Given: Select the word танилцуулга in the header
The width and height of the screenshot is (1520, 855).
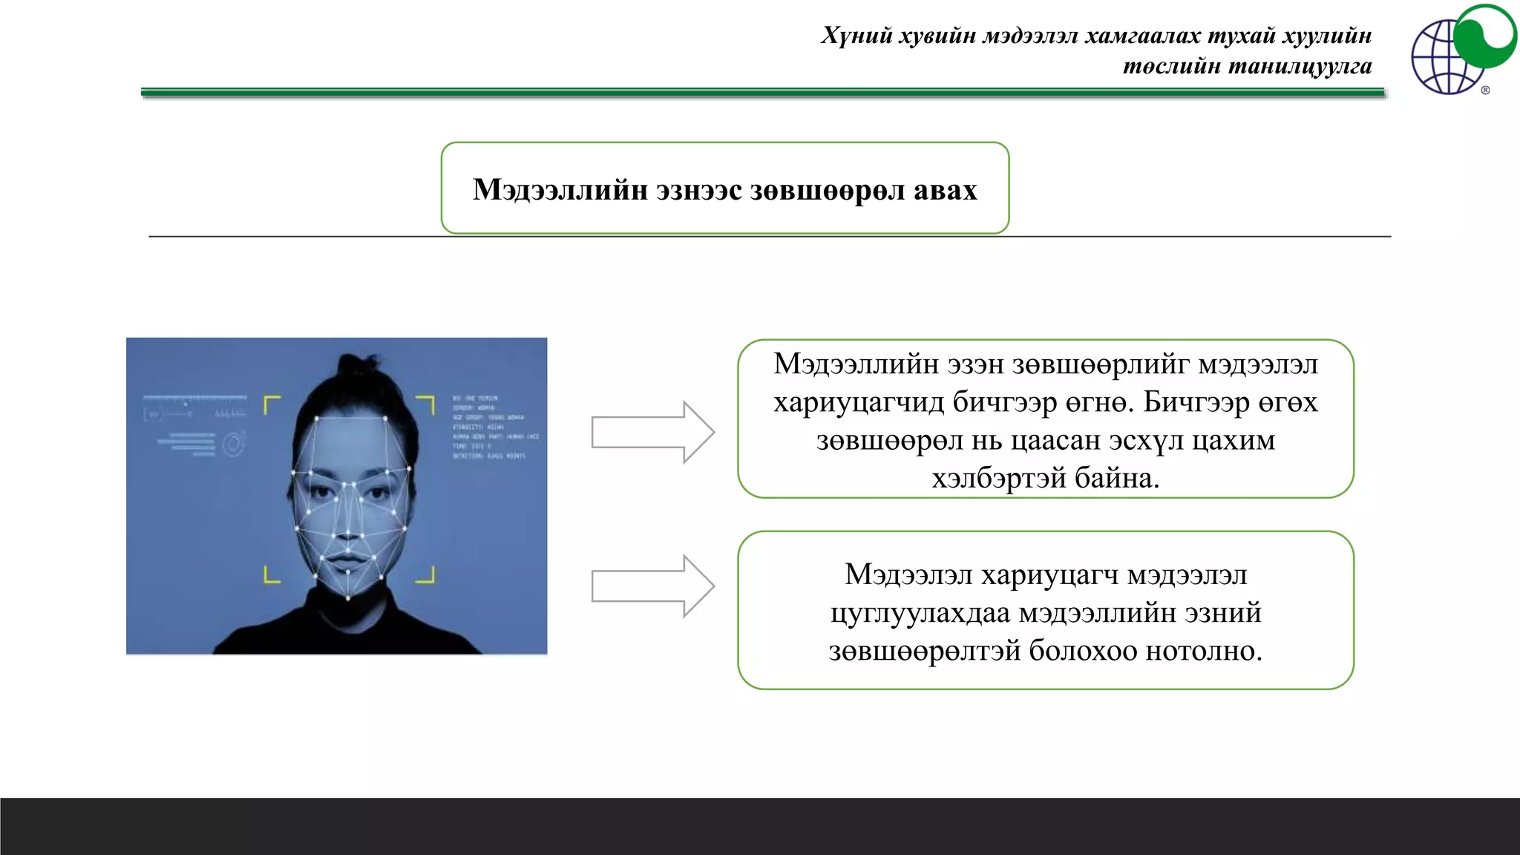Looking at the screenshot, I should pos(1300,67).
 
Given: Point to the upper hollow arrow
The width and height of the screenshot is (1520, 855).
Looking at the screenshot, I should pos(652,433).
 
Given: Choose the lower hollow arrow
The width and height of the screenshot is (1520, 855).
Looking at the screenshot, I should pos(652,586).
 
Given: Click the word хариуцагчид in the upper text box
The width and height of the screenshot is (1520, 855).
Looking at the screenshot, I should pos(859,402).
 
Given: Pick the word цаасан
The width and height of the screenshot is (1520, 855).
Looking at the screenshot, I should pos(1056,441).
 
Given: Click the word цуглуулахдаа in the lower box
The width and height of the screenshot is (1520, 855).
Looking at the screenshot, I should pos(920,613).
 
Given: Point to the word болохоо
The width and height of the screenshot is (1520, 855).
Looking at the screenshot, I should pos(1083,651).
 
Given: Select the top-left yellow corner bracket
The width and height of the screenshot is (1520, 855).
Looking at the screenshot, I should pos(272,404).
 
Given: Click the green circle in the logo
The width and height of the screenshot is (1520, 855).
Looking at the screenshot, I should pos(1484,35).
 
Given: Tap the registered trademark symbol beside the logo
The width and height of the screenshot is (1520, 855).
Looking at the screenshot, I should pos(1485,91).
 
